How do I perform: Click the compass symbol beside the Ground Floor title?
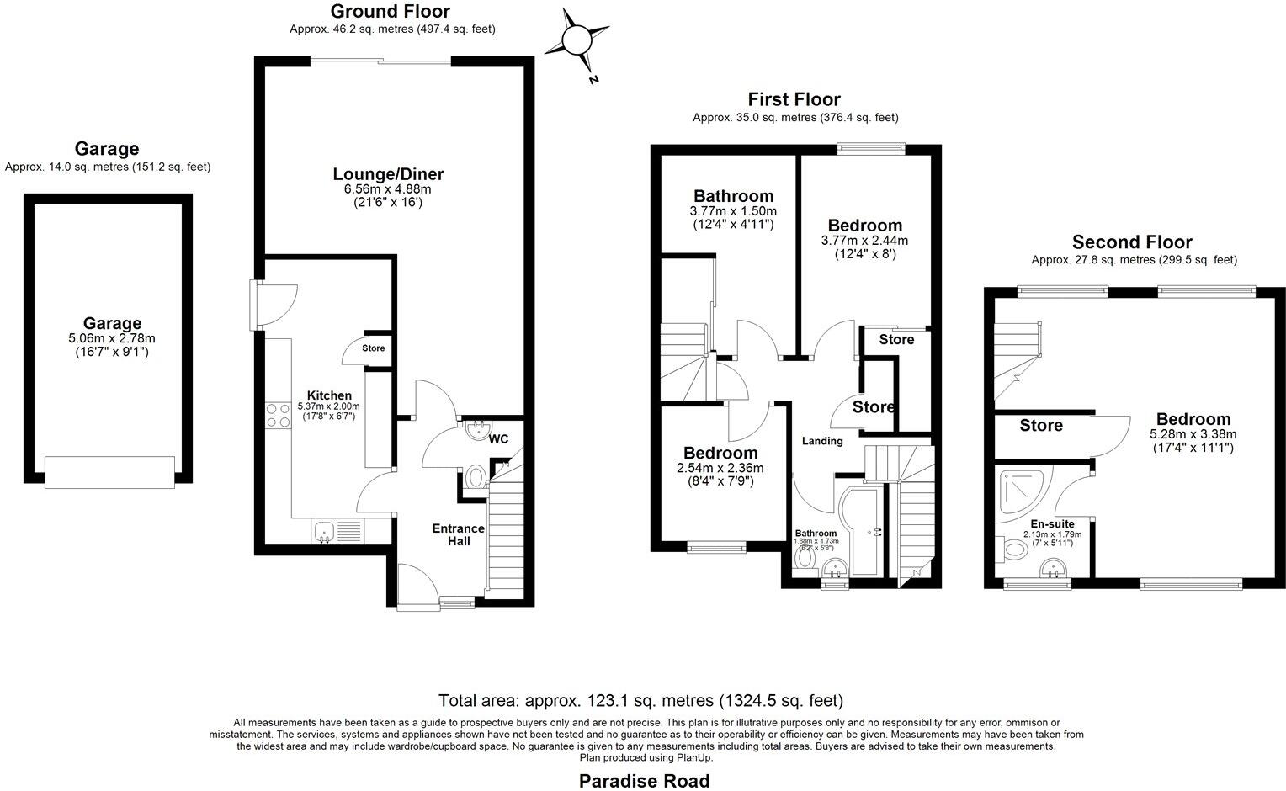pos(577,40)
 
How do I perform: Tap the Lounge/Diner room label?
pos(388,174)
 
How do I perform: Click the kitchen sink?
pos(326,533)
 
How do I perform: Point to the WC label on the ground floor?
pos(498,438)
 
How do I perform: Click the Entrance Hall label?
pos(458,534)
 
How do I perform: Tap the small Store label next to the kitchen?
pos(373,348)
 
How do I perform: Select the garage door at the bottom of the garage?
pos(109,471)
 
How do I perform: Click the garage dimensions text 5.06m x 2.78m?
pos(112,338)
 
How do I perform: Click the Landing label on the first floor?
pos(822,441)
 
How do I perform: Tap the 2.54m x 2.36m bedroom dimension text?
pos(720,468)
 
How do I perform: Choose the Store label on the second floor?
pos(1041,426)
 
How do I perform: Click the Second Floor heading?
pos(1132,242)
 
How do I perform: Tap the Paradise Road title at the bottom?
pos(644,781)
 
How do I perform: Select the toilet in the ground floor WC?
pos(476,478)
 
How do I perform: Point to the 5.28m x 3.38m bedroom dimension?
pos(1193,434)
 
